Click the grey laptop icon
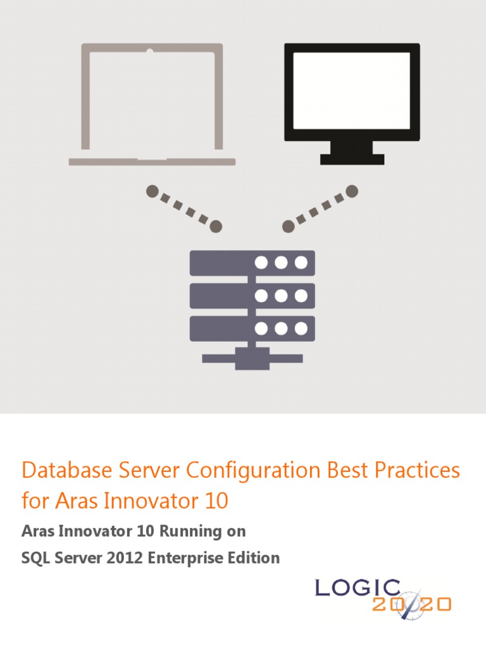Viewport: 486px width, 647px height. [152, 104]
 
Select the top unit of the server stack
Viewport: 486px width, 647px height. [252, 262]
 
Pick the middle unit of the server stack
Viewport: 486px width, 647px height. [252, 296]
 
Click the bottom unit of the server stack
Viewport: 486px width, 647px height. [252, 329]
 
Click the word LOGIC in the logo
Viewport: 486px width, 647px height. [358, 588]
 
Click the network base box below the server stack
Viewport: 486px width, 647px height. [252, 359]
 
